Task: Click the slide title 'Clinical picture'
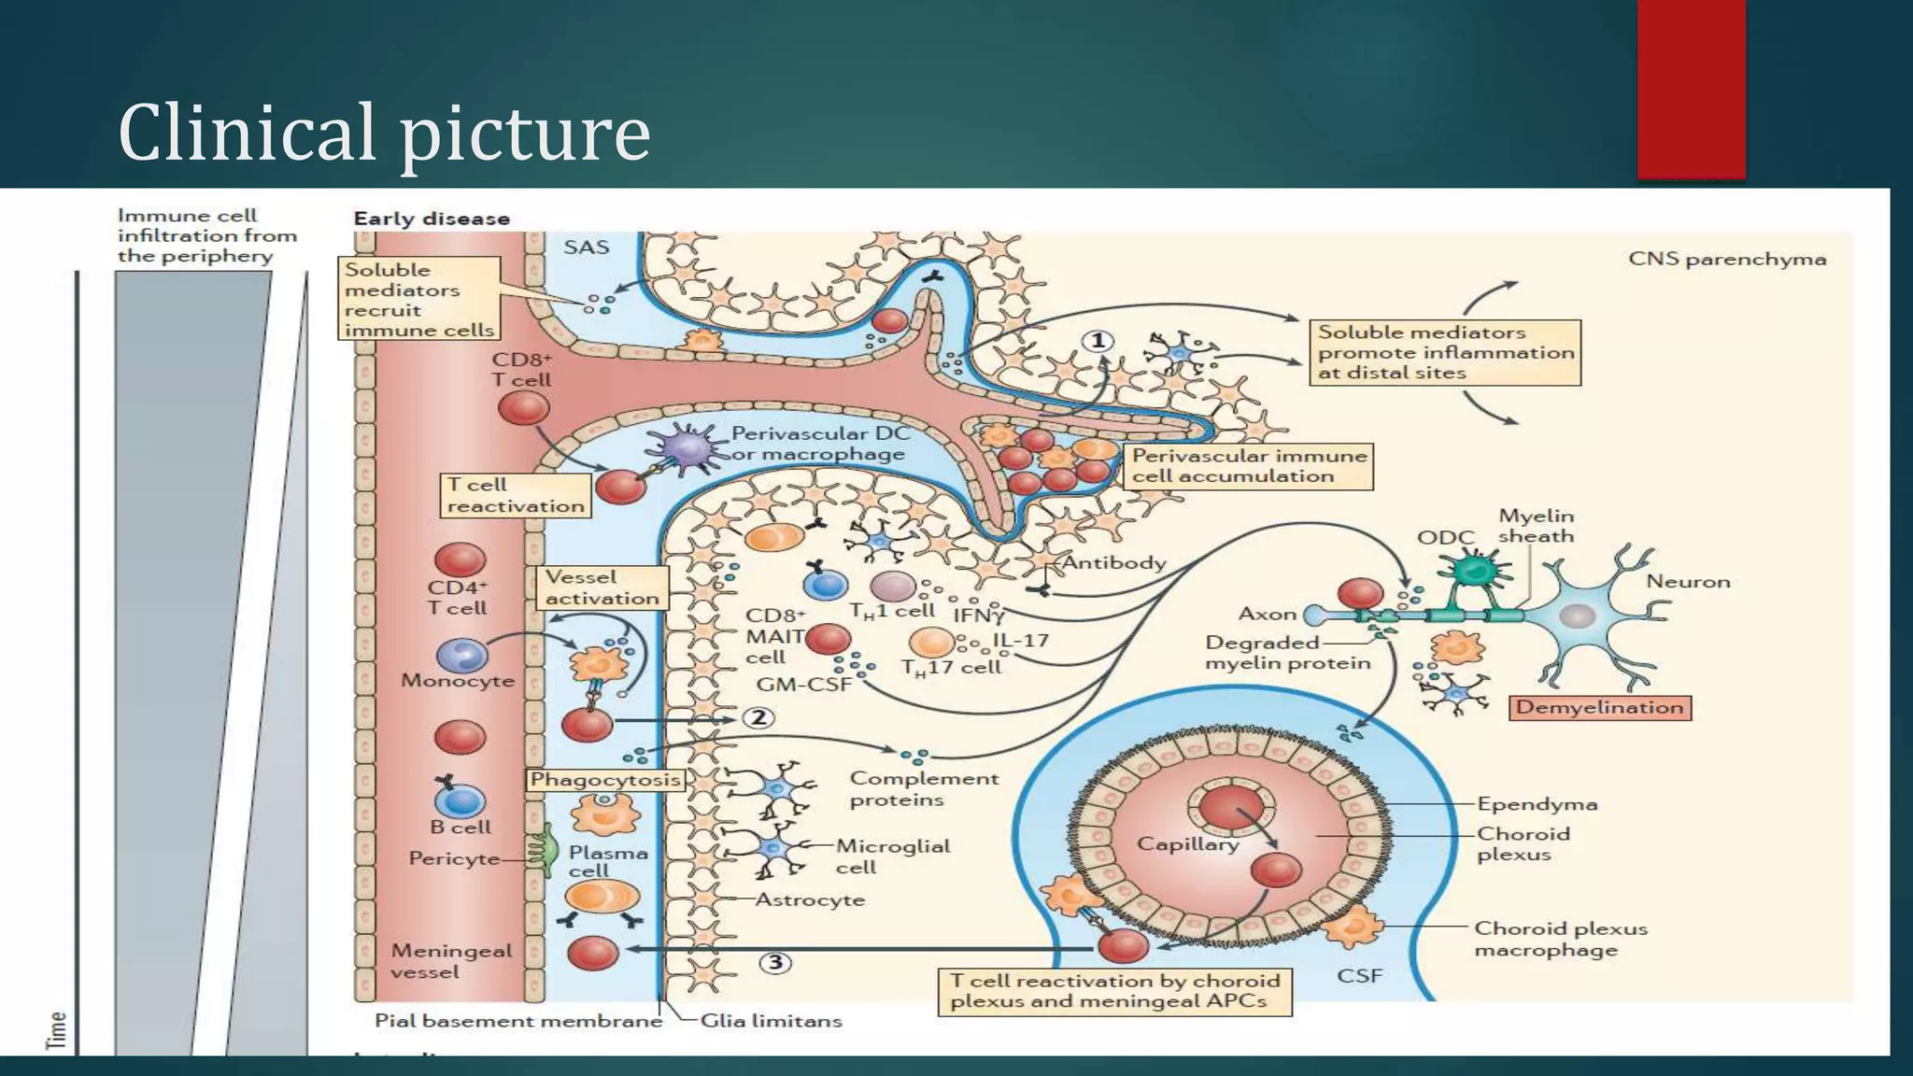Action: [x=384, y=133]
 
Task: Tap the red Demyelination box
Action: [x=1599, y=708]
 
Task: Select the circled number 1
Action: [x=1098, y=341]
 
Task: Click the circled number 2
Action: [x=758, y=717]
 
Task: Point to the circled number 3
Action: [x=775, y=963]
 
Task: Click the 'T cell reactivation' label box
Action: [x=516, y=495]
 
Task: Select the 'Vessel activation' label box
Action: [x=602, y=588]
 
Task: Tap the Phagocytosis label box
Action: [x=605, y=779]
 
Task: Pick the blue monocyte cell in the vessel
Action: [x=461, y=656]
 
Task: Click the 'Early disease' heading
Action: [x=432, y=219]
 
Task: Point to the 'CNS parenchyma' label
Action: [x=1727, y=259]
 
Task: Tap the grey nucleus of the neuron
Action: [x=1578, y=616]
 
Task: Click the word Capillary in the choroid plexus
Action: [x=1187, y=843]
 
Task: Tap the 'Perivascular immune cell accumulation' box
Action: [x=1249, y=466]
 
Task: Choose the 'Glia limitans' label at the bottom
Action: [x=771, y=1021]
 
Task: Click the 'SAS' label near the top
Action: [x=586, y=248]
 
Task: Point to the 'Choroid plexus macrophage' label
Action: [x=1560, y=939]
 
